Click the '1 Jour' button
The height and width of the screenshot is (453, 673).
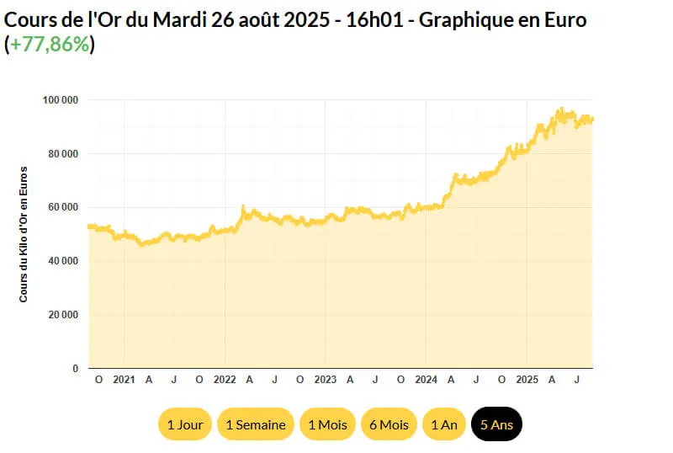tap(185, 424)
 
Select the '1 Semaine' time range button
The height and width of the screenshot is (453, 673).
tap(256, 424)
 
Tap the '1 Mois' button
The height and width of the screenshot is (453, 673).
tap(327, 424)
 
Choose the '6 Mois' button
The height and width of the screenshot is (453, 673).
tap(389, 424)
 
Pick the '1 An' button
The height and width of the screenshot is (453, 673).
tap(444, 424)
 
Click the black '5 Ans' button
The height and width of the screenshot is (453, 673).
tap(497, 424)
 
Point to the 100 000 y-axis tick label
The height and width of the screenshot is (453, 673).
tap(60, 100)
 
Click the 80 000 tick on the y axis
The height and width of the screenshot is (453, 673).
tap(62, 154)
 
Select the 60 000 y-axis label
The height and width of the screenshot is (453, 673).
tap(62, 207)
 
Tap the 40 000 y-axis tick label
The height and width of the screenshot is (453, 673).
tap(62, 261)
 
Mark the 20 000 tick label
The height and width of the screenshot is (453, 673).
tap(62, 315)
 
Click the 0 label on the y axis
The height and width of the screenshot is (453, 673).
tap(75, 369)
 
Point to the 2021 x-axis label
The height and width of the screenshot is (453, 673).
tap(124, 380)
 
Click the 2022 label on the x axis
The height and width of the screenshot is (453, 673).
tap(225, 380)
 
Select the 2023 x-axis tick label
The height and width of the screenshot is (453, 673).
tap(325, 380)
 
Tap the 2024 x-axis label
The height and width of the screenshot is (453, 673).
tap(426, 380)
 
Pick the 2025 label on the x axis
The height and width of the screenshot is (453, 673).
tap(527, 380)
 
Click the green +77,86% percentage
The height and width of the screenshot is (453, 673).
tap(50, 45)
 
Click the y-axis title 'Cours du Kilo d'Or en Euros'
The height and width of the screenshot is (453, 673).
tap(24, 234)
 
